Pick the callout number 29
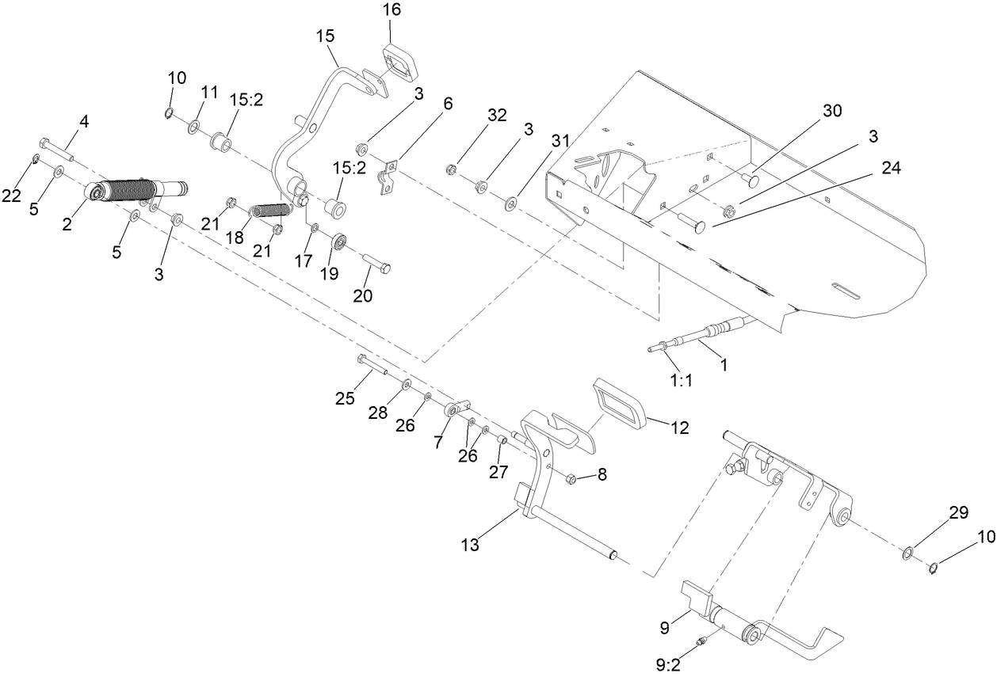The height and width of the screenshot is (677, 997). click(958, 513)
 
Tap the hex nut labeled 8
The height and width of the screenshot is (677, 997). click(570, 477)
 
